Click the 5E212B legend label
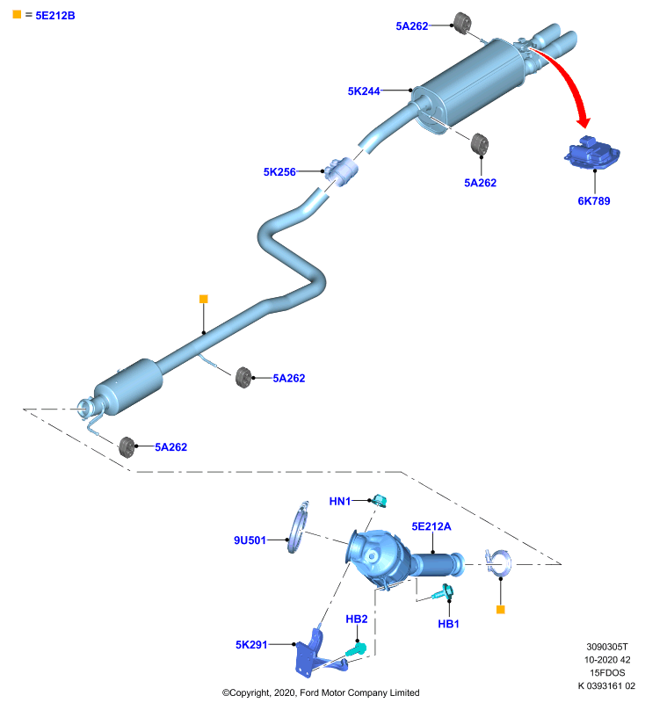[55, 16]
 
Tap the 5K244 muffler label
[364, 91]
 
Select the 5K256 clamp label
[279, 171]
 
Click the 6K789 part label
[594, 201]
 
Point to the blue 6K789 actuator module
[592, 153]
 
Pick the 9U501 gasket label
[250, 540]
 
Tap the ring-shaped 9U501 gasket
[296, 527]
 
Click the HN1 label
[340, 501]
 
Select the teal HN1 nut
[380, 500]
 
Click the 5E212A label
[431, 526]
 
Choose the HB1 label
[448, 624]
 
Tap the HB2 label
[357, 620]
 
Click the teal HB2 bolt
[357, 649]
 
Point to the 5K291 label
[251, 645]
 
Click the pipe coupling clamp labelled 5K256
[342, 171]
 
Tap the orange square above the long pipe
[204, 299]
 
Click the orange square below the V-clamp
[501, 609]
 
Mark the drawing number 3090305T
[607, 647]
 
